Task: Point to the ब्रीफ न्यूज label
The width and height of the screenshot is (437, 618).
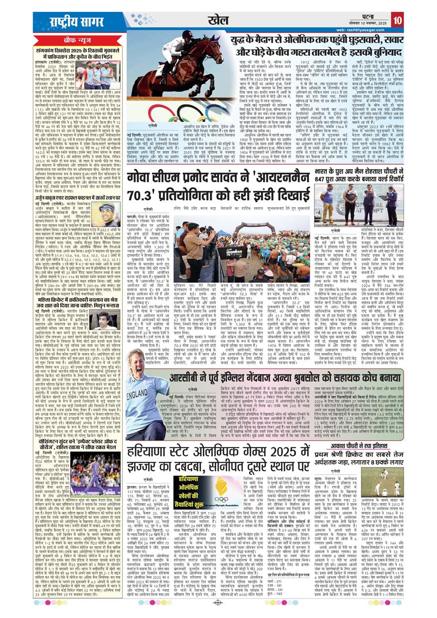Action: pos(79,39)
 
